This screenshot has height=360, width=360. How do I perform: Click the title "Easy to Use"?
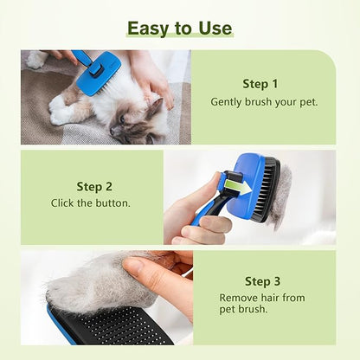point(179,28)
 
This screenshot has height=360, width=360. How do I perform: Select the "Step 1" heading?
point(260,84)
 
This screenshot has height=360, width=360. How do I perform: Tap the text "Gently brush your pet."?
point(264,101)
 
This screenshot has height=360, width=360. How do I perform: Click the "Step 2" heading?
point(94,186)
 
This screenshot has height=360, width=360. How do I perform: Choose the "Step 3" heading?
point(263,281)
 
